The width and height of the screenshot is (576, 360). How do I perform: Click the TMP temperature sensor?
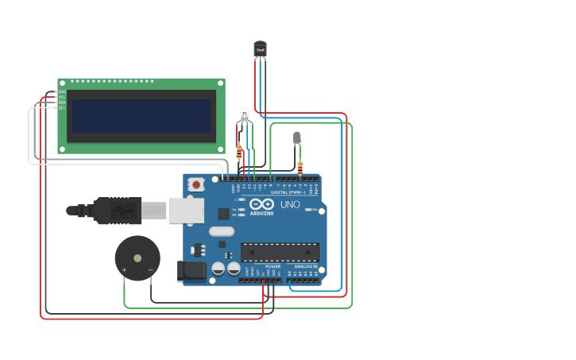(x=260, y=49)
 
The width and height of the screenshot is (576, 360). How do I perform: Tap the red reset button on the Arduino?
(x=195, y=184)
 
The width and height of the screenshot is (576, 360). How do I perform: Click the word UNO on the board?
(x=290, y=204)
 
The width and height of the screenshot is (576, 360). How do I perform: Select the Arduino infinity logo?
(x=261, y=204)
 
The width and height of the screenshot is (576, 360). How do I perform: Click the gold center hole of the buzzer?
(x=137, y=258)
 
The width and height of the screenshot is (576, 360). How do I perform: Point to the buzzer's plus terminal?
(x=125, y=271)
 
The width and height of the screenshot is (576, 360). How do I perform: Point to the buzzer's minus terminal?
(x=150, y=271)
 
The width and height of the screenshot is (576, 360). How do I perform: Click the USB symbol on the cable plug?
(x=119, y=211)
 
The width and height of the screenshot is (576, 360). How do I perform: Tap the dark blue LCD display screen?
(x=141, y=116)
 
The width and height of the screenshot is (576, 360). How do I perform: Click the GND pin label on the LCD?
(x=62, y=92)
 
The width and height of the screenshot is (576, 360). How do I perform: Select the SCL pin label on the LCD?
(x=62, y=107)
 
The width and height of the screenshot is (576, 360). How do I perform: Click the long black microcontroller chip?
(x=280, y=252)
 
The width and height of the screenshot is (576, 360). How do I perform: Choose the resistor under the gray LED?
(x=300, y=167)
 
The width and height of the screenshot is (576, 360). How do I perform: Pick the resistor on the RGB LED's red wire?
(x=239, y=150)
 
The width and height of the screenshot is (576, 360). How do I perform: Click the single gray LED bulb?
(x=297, y=137)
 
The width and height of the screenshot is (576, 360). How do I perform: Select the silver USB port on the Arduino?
(x=186, y=211)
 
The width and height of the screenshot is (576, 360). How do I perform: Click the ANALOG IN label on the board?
(x=305, y=266)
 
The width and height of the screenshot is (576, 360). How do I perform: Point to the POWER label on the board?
(x=262, y=266)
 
